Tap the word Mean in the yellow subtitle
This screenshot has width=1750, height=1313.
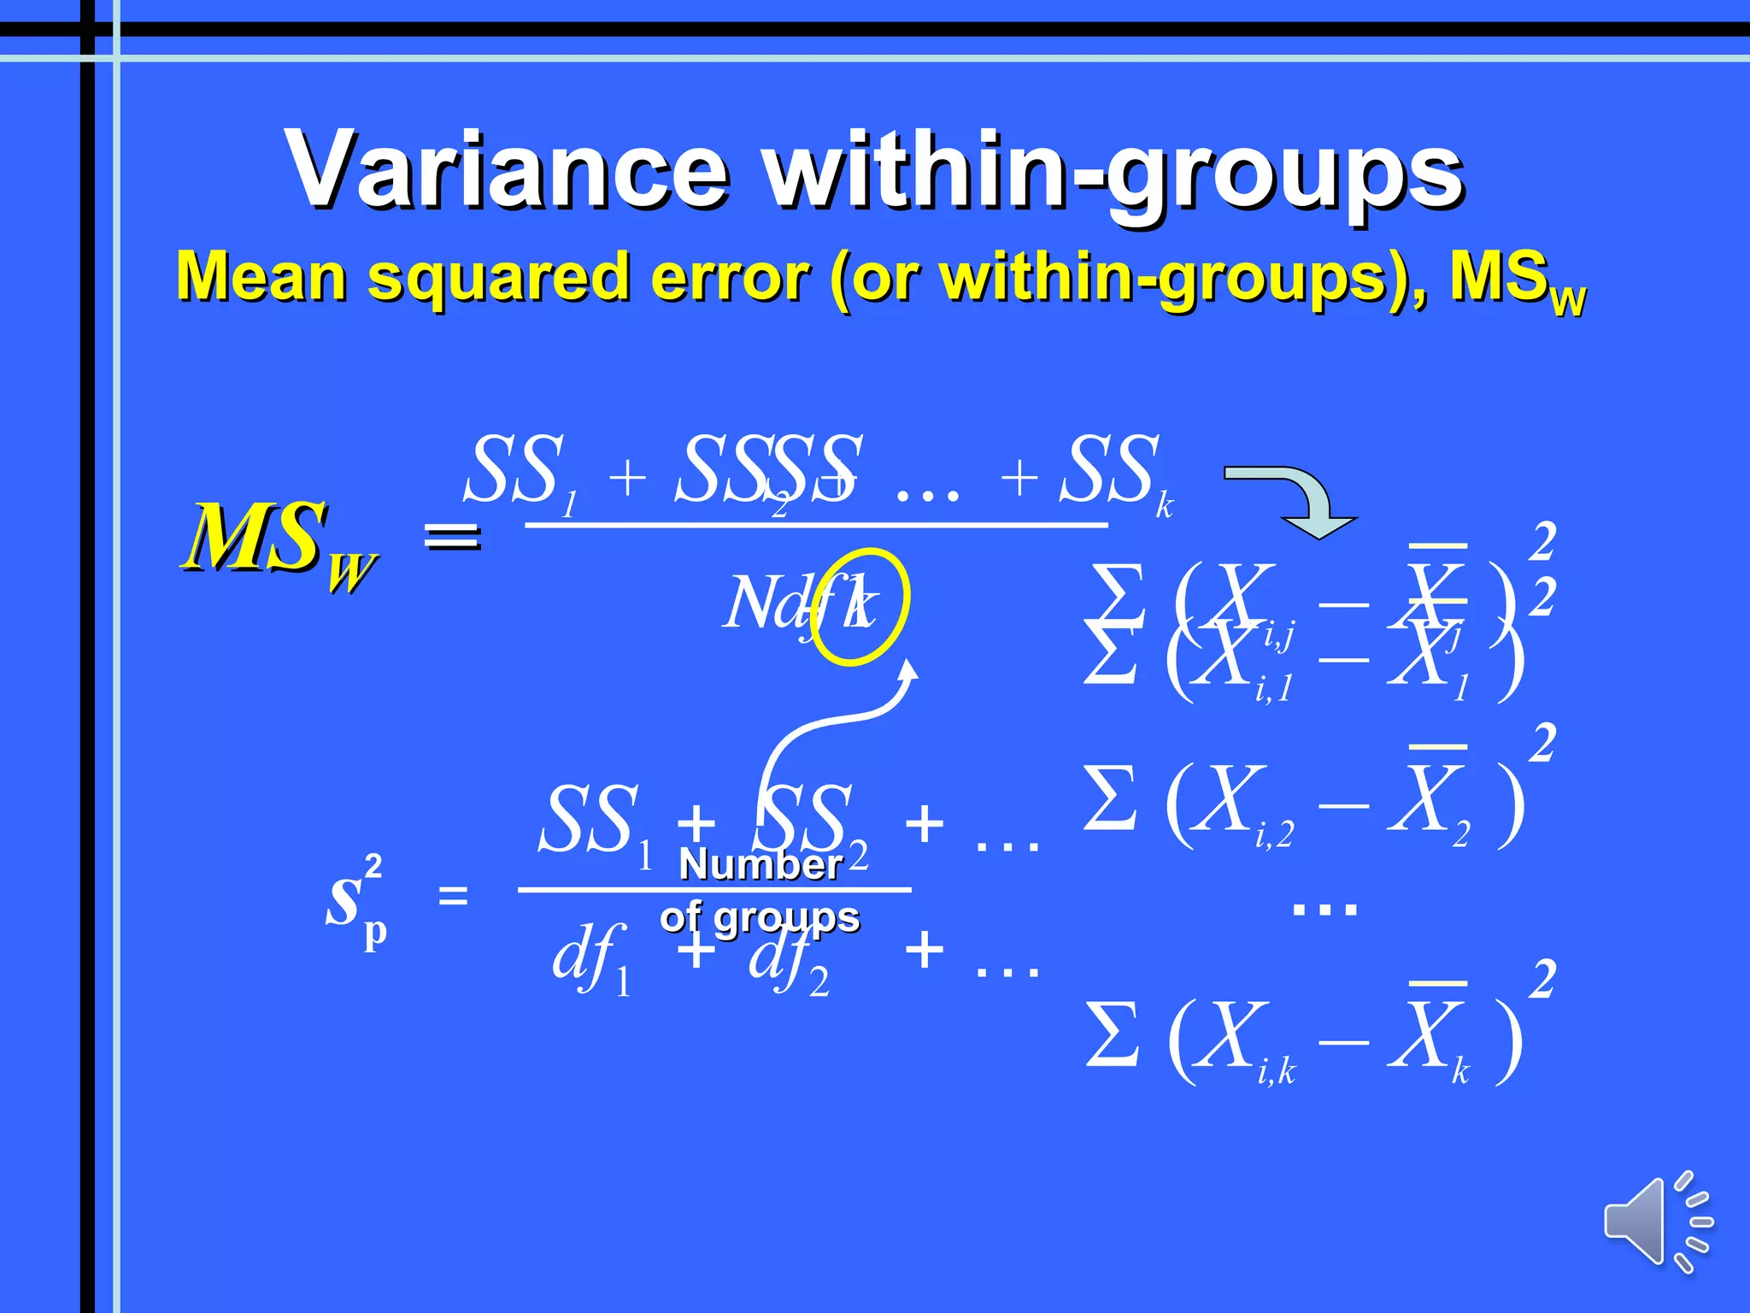click(x=261, y=277)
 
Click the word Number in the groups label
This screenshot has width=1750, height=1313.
click(x=760, y=864)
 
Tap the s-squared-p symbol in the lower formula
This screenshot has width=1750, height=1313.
click(x=355, y=901)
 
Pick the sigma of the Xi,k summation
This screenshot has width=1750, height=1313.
click(x=1112, y=1035)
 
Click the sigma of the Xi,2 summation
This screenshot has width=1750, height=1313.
click(x=1110, y=798)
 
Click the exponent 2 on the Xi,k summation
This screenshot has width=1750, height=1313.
click(x=1542, y=980)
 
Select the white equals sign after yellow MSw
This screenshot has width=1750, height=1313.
click(x=453, y=536)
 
